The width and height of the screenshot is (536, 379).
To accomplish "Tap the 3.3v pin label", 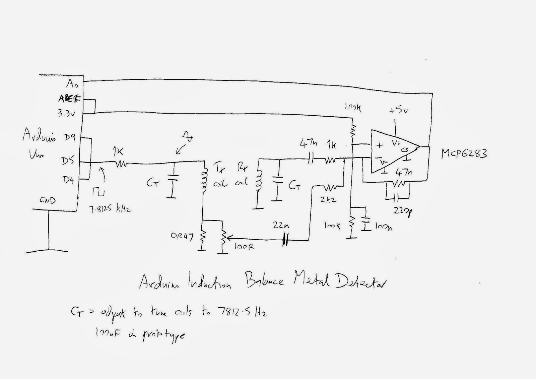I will tap(66, 113).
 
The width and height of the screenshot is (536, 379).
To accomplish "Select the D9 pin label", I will tap(70, 137).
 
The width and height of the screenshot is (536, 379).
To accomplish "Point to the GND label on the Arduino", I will tap(48, 200).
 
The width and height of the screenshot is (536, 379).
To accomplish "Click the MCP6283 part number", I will tap(464, 154).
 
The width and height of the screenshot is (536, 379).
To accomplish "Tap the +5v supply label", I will tap(398, 110).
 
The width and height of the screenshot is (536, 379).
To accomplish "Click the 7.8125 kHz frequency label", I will tap(110, 209).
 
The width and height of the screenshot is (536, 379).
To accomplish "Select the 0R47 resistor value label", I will tap(182, 237).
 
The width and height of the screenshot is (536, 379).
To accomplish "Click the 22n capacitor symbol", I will tap(285, 240).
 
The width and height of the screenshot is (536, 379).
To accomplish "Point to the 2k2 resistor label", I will tap(328, 200).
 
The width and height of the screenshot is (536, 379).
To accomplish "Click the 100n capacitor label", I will tap(383, 228).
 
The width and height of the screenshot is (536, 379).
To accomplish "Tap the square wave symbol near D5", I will tap(99, 192).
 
